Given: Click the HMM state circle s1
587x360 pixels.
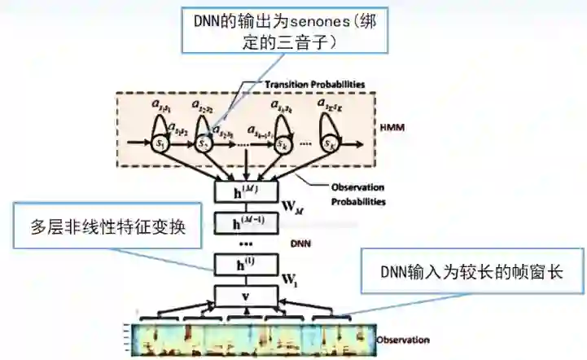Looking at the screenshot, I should click(x=160, y=143).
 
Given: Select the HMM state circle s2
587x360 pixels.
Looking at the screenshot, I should click(x=205, y=143).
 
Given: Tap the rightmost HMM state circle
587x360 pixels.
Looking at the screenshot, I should click(x=331, y=143).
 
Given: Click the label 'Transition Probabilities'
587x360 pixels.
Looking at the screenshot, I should click(x=313, y=84).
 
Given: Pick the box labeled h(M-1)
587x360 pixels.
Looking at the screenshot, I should click(x=246, y=222).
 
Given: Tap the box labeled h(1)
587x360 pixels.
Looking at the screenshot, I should click(x=246, y=265).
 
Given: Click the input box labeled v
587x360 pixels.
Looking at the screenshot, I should click(x=246, y=296).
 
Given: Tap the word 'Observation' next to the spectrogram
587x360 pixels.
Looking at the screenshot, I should click(x=402, y=339).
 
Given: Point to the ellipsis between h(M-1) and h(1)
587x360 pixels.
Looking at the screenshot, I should click(x=245, y=244).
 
